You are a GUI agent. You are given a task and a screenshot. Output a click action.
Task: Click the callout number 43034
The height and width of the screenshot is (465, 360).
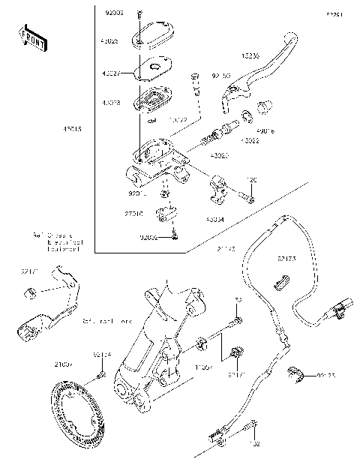(216, 220)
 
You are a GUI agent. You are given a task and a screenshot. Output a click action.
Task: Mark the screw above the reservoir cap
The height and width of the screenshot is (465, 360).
(139, 16)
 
